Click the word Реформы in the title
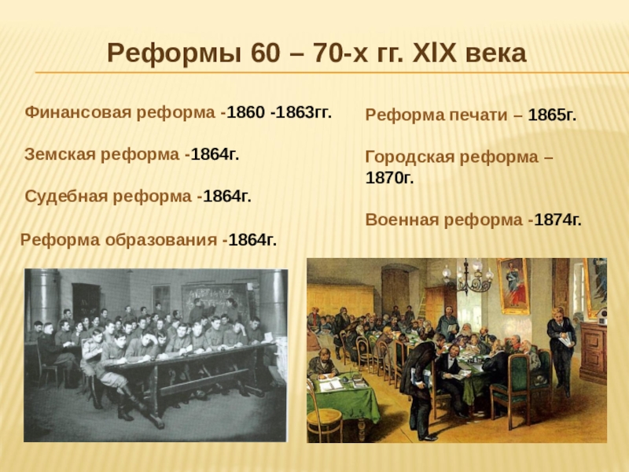[174, 53]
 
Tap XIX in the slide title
[434, 53]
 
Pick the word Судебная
[64, 196]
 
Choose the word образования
[161, 240]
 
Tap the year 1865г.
[552, 115]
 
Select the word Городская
[410, 157]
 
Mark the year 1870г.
[389, 178]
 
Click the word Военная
[402, 220]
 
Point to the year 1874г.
[557, 220]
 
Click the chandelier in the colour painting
[468, 277]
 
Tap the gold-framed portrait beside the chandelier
[513, 286]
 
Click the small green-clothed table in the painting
[343, 396]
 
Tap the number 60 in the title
[265, 53]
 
